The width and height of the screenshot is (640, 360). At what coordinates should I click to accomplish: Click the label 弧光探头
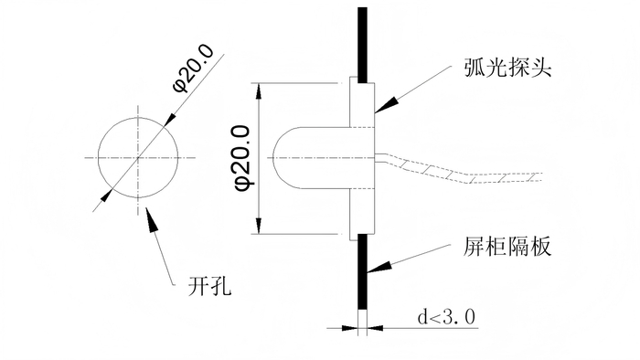[507, 67]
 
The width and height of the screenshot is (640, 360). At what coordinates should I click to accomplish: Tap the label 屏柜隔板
[507, 246]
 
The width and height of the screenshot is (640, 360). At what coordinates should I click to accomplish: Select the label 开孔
[209, 286]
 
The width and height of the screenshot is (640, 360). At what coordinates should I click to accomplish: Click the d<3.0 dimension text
[446, 317]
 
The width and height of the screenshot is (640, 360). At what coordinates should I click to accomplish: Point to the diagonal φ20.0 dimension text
[194, 68]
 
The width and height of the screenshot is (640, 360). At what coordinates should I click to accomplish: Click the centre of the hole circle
[138, 157]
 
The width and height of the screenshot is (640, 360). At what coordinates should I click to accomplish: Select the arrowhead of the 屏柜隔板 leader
[379, 267]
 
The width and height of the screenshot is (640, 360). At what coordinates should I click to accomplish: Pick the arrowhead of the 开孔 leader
[152, 219]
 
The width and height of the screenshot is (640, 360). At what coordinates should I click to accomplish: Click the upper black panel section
[362, 45]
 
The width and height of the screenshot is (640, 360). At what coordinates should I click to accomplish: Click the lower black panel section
[362, 271]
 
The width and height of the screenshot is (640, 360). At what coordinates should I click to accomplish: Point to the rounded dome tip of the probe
[273, 158]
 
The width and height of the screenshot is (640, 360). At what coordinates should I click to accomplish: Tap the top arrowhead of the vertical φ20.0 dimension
[259, 91]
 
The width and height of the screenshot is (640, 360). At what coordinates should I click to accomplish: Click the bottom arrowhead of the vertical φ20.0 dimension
[259, 226]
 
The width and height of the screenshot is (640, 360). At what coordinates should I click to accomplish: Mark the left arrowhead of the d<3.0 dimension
[350, 327]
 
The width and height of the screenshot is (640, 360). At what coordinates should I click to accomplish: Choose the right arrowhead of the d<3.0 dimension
[375, 327]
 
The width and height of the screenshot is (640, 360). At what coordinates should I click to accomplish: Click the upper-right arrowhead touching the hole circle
[171, 121]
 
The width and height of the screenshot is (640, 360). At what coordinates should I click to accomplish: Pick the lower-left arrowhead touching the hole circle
[105, 195]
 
